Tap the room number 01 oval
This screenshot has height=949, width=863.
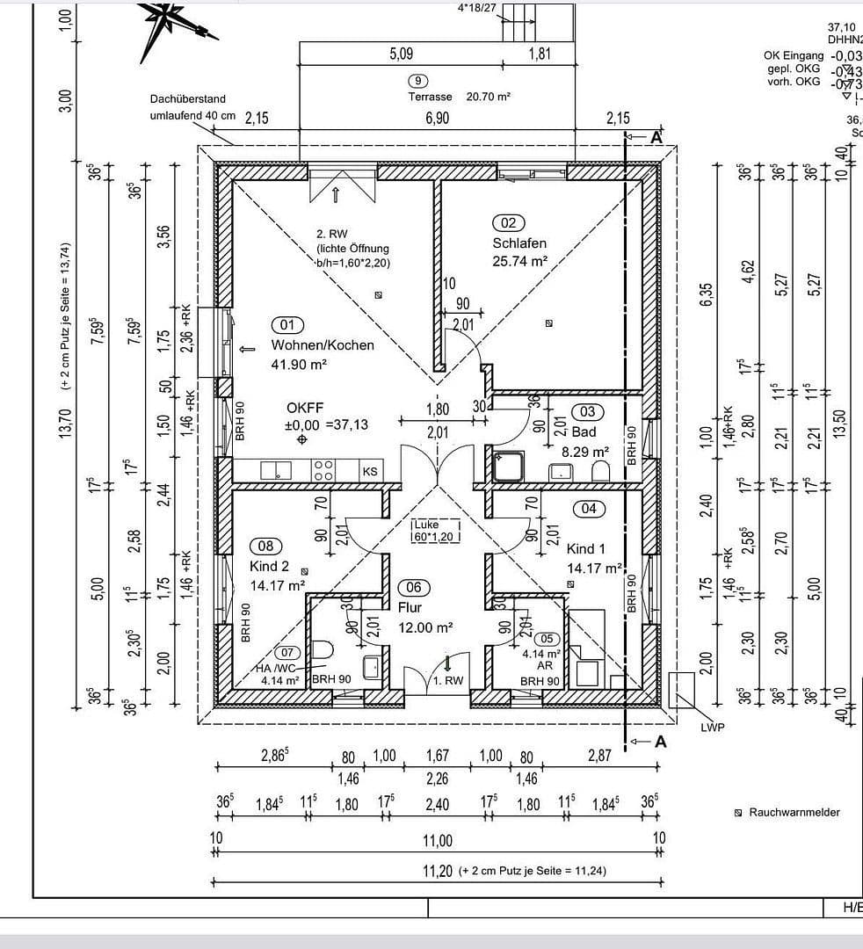coord(286,324)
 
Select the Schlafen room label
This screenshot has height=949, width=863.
coord(519,243)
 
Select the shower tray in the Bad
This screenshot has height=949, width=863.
coord(508,466)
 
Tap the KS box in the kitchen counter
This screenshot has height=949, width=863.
coord(370,472)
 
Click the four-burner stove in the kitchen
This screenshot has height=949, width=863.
coord(323,470)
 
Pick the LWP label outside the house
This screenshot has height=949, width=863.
coord(712,728)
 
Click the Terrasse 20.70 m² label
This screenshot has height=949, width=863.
coord(459,98)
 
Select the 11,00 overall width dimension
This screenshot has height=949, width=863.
coord(437,841)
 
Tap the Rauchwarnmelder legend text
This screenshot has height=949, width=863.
coord(794,813)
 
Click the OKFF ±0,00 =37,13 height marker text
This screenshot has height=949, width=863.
coord(327,417)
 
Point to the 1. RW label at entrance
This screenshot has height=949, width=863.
coord(448,680)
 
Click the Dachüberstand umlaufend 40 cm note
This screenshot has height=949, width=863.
coord(192,107)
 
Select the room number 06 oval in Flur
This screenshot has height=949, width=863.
coord(413,587)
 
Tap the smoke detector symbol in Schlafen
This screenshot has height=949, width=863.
coord(549,322)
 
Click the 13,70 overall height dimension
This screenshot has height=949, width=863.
coord(67,420)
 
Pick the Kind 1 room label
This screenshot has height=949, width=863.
coord(586,549)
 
